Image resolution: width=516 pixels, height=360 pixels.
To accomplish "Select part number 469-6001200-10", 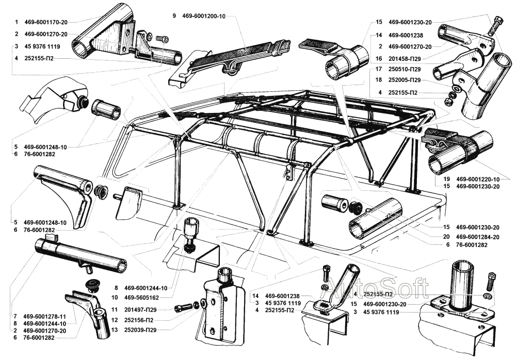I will [x=204, y=17].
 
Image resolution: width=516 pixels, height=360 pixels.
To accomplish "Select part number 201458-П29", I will [x=405, y=58].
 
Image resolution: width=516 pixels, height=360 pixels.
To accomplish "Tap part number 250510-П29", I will [x=405, y=69].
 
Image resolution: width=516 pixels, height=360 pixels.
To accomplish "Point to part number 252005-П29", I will [x=405, y=80].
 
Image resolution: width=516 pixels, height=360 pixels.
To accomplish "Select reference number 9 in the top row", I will [x=174, y=17].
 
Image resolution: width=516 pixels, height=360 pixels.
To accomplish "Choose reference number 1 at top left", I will [x=17, y=22].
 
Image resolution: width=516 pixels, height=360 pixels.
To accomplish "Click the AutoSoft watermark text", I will [x=379, y=287].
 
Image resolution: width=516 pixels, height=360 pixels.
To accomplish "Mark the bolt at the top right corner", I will [x=497, y=23].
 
